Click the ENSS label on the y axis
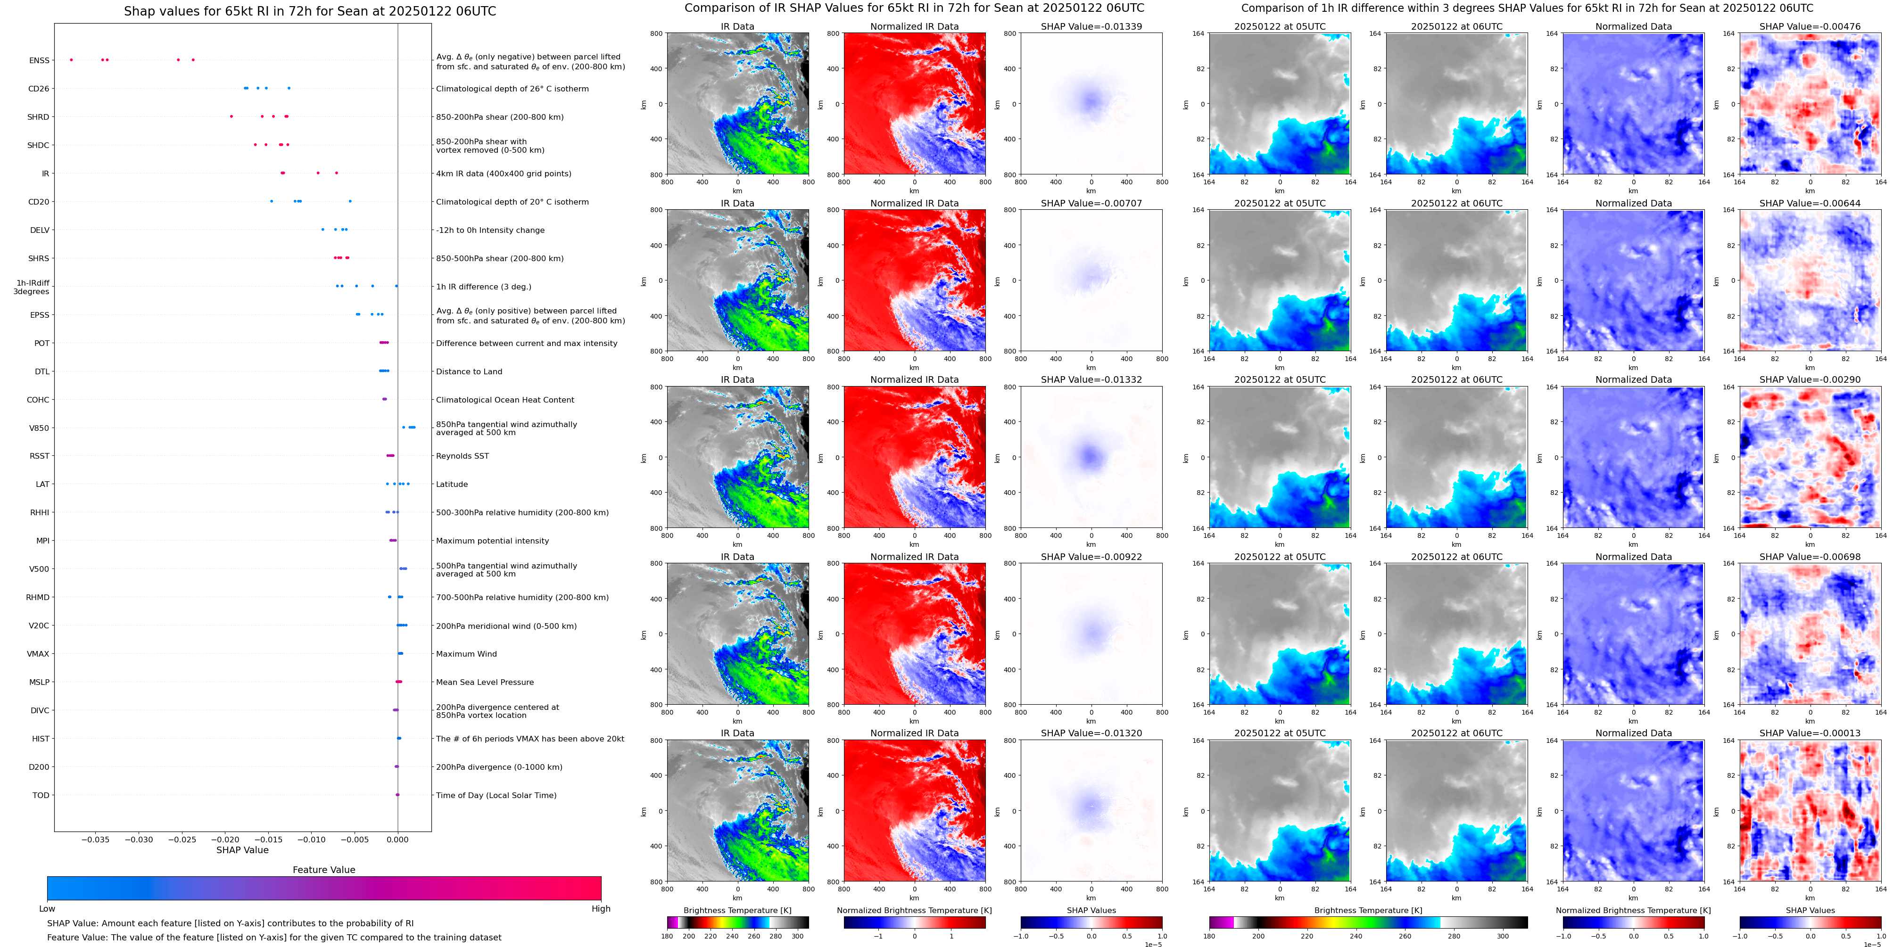(x=39, y=60)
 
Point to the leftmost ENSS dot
(x=71, y=59)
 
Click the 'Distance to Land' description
(x=469, y=372)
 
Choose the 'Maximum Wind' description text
(x=466, y=654)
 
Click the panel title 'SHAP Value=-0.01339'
(x=1091, y=26)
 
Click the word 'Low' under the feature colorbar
(x=47, y=909)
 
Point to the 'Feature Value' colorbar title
(x=323, y=870)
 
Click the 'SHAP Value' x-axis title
(x=242, y=850)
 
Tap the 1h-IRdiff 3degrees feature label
(x=32, y=287)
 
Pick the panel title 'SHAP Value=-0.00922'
(x=1091, y=557)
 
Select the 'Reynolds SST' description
(x=462, y=456)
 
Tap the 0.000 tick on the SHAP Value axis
(x=397, y=839)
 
